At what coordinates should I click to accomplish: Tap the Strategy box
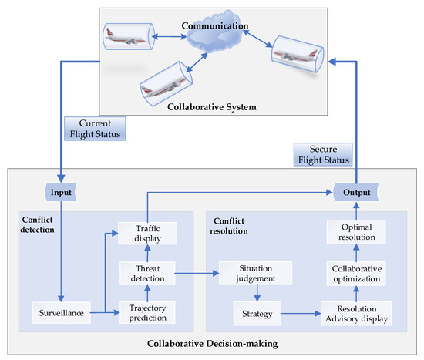point(254,314)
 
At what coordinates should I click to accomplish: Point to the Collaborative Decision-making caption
point(211,343)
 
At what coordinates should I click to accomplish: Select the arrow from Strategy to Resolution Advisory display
point(298,314)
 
